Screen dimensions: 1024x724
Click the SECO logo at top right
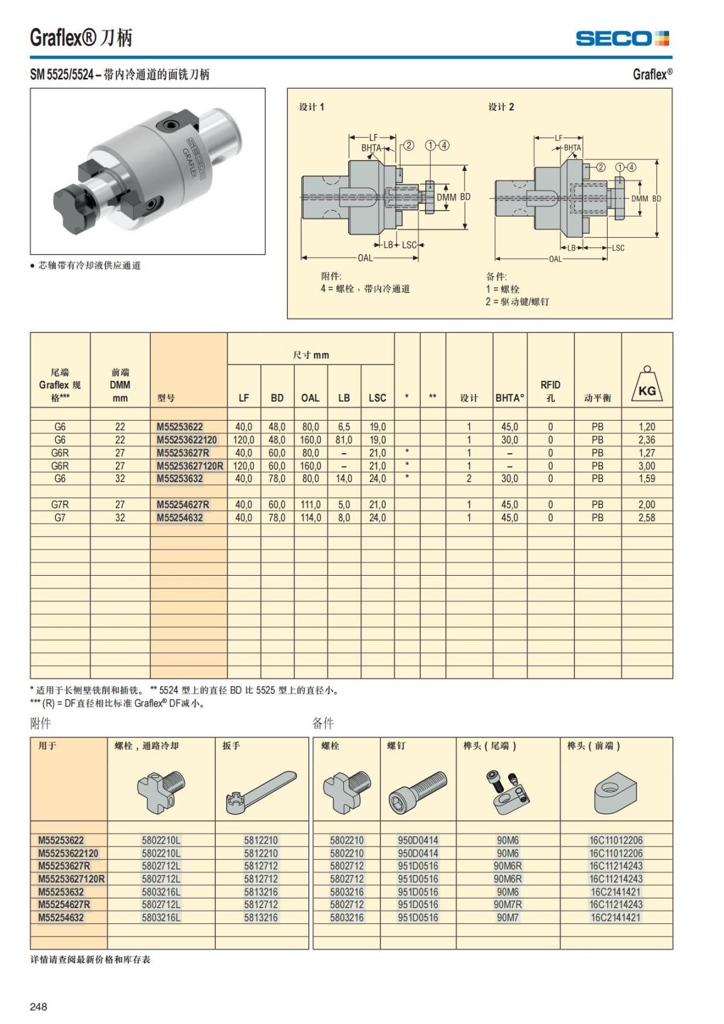pos(622,39)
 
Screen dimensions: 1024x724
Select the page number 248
pos(39,1007)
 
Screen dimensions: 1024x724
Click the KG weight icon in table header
pos(647,386)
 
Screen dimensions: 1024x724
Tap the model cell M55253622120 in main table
pos(187,440)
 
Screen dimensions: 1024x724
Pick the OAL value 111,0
pos(310,504)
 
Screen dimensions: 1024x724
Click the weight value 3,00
pos(647,466)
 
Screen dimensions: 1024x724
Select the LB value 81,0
pos(344,440)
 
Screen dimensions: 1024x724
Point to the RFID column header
pos(550,391)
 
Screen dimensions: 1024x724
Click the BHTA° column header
pos(510,398)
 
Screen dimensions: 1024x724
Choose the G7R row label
pos(60,504)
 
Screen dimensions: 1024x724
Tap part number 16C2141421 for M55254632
pos(616,917)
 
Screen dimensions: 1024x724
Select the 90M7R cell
pos(507,905)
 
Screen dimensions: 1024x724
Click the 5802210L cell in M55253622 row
pos(161,840)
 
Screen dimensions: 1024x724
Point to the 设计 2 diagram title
pos(501,107)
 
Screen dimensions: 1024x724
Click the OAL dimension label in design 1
pos(365,258)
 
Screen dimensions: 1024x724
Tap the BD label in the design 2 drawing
pos(656,199)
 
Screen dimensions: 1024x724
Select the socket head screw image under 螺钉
pos(418,790)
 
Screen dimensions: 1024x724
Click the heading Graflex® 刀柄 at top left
pos(81,38)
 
